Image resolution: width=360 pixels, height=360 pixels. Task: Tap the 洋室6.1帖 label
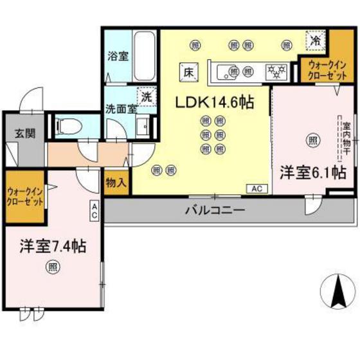pos(313,172)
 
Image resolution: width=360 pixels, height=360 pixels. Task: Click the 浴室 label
pos(117,56)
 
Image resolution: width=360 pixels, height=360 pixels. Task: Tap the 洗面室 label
pos(121,108)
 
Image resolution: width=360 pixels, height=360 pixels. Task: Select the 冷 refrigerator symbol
pos(315,40)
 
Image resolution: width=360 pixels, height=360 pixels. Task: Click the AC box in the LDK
pos(255,189)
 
